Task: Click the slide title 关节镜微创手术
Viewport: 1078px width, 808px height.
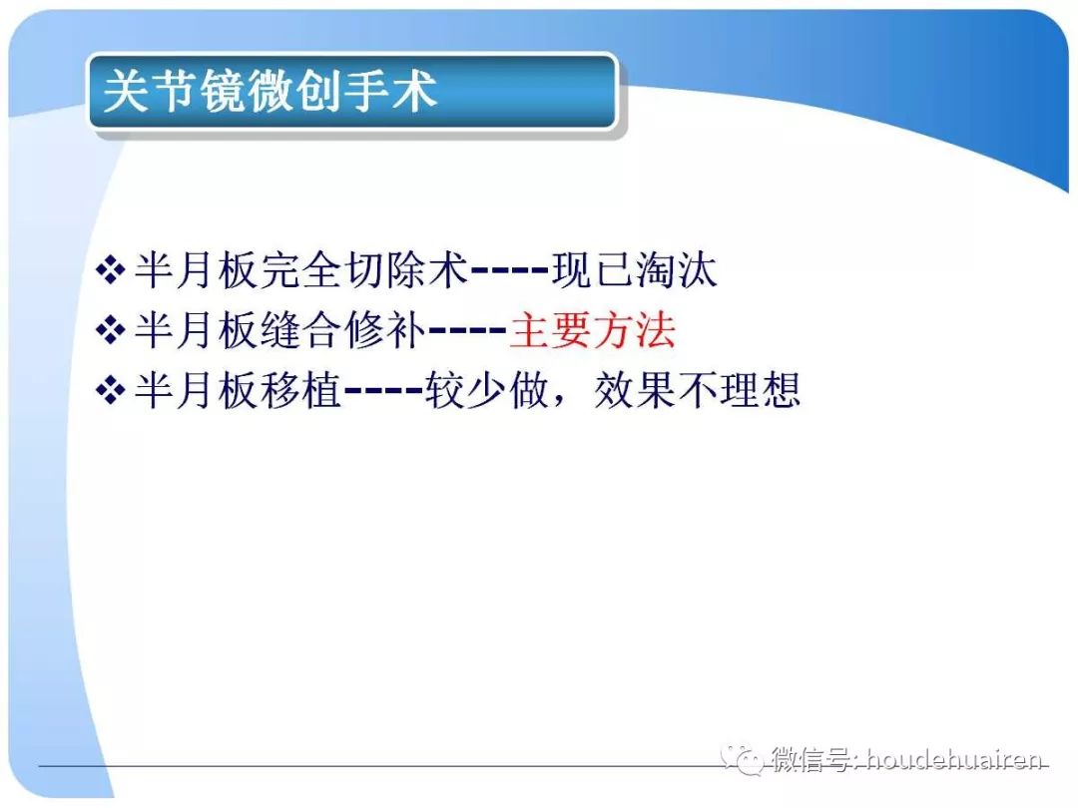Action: pos(270,93)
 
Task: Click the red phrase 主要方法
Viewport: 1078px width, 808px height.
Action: pos(592,330)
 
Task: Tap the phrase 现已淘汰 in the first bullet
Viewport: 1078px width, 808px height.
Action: pos(635,271)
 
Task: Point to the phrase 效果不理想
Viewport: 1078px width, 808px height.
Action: pos(697,391)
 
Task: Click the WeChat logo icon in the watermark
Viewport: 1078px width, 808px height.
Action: pos(744,761)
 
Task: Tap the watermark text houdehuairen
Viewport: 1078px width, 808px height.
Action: pos(954,761)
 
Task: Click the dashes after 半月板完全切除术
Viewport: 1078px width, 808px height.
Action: pos(509,271)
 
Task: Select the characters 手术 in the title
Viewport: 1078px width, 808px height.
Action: pos(404,93)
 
